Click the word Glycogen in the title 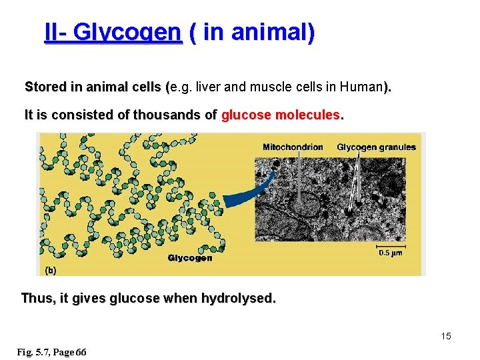127,32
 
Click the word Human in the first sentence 361,87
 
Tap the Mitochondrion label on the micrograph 293,147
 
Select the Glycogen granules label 376,147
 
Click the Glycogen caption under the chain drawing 190,258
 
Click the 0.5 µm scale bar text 391,253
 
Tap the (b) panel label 50,270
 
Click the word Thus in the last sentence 38,298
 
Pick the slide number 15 445,336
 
